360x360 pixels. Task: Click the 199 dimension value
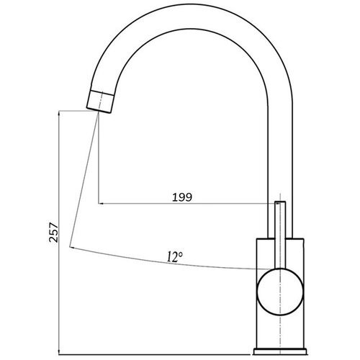click(x=182, y=197)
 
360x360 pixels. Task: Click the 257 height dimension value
click(x=53, y=233)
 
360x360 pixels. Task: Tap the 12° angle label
click(x=175, y=257)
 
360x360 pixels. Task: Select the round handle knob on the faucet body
click(x=280, y=292)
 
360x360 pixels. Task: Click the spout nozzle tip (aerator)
click(x=100, y=102)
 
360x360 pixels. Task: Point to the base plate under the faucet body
click(x=280, y=351)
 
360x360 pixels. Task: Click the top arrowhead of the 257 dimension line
click(x=59, y=113)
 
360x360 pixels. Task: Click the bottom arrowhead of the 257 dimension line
click(x=59, y=352)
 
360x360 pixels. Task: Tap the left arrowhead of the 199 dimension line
click(x=101, y=203)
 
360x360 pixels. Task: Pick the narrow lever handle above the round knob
click(x=280, y=235)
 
